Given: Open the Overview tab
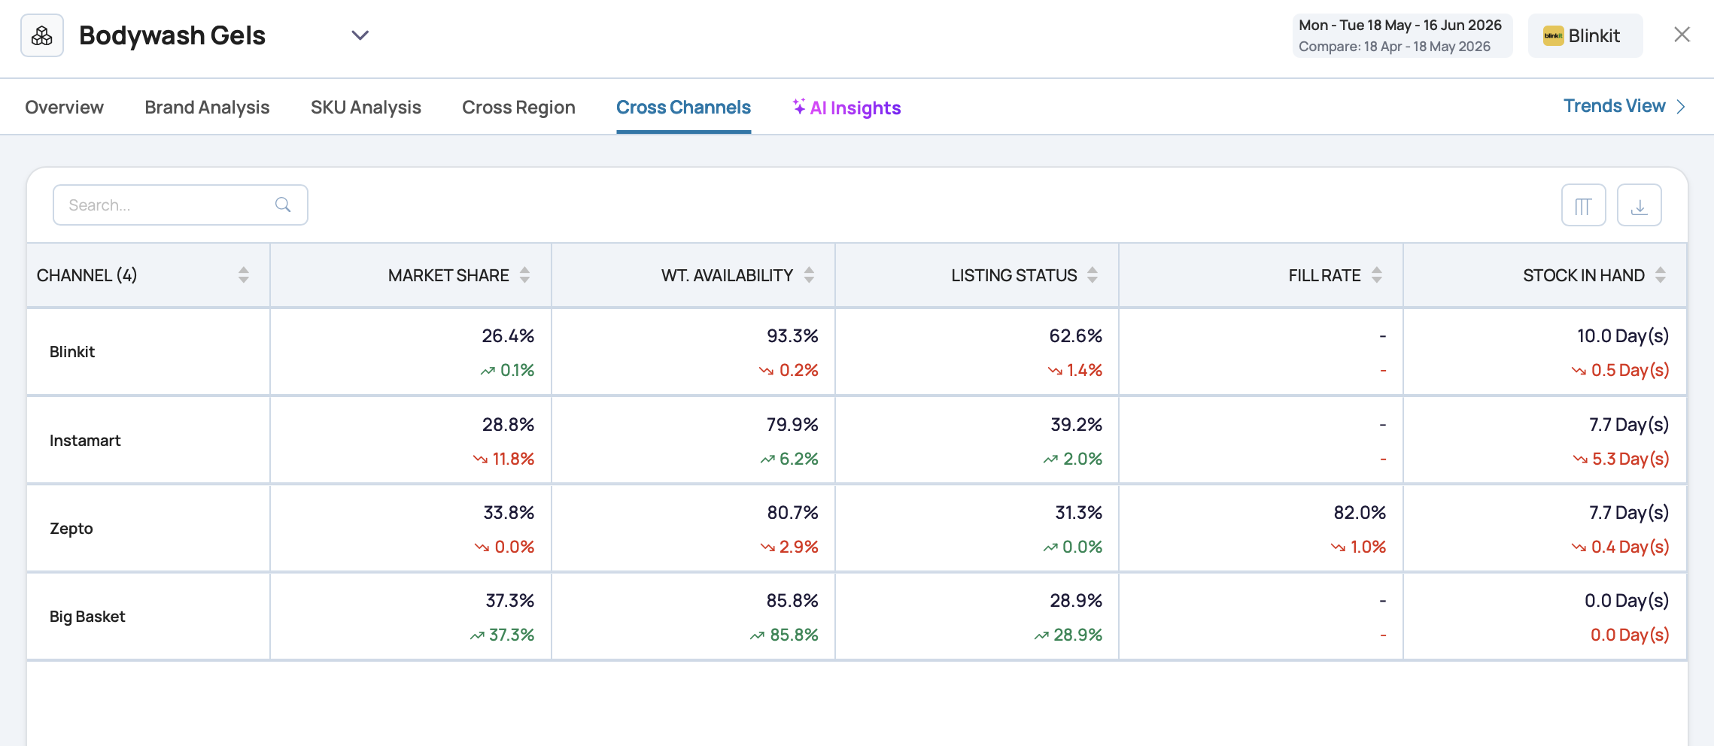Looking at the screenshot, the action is pos(64,108).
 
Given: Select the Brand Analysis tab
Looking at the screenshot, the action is pos(207,108).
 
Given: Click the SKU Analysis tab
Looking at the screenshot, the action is pos(366,108).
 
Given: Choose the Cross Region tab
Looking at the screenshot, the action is pos(518,108).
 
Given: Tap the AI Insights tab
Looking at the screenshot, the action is pos(846,108).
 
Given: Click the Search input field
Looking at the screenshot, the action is pos(181,205).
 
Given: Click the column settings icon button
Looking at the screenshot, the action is pos(1583,205).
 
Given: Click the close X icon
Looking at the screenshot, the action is pos(1682,35).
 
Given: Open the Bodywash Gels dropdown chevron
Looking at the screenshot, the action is pos(360,35).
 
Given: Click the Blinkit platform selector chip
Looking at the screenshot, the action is pos(1585,35).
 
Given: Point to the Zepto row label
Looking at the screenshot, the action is pos(71,529).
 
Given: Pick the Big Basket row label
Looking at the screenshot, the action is pos(87,617).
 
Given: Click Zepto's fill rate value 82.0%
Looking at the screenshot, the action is pos(1360,513).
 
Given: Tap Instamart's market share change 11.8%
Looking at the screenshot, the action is pos(503,459).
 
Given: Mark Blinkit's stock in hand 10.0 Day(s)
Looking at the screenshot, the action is pos(1623,336).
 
